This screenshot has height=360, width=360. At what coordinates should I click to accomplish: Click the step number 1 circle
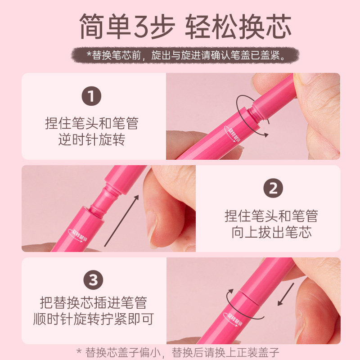(x=91, y=96)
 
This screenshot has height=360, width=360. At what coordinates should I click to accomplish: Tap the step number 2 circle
(x=273, y=188)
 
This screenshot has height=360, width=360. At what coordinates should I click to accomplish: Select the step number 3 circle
(x=93, y=280)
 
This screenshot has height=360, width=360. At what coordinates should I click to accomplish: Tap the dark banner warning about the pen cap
(x=185, y=55)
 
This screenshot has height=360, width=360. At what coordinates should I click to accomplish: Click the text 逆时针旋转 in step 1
(x=92, y=139)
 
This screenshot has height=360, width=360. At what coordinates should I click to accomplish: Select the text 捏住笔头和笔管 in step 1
(x=92, y=123)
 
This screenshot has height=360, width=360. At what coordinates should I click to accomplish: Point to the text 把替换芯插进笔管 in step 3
(x=94, y=302)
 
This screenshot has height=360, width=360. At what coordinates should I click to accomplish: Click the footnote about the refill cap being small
(x=178, y=352)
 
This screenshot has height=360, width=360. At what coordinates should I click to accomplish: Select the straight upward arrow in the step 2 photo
(x=121, y=221)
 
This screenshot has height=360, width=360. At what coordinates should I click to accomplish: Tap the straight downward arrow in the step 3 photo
(x=286, y=294)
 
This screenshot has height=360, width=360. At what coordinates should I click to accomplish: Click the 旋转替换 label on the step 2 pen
(x=77, y=235)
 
